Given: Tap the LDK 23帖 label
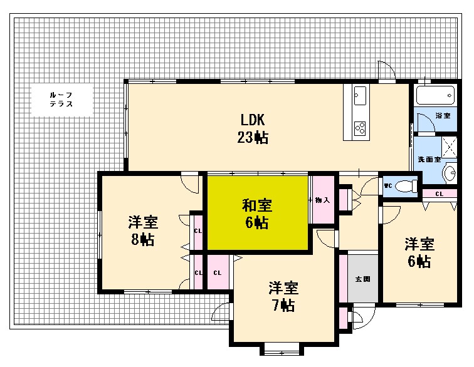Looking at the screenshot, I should (253, 128).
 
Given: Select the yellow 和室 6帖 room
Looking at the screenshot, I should (257, 213).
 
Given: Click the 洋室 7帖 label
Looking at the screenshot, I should (283, 296).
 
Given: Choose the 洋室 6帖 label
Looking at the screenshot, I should (419, 252).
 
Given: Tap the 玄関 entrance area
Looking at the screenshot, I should (363, 278).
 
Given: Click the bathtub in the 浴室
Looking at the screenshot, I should (434, 96).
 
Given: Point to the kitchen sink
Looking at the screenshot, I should (361, 97).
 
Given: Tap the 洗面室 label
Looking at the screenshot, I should (429, 159).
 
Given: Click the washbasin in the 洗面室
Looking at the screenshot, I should (449, 172).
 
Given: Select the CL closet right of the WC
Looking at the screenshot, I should (439, 194).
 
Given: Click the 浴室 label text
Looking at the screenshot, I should (443, 116).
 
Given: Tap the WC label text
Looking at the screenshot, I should (388, 186).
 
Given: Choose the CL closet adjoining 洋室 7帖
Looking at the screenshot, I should (217, 272).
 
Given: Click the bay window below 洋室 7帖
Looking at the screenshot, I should (282, 348).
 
